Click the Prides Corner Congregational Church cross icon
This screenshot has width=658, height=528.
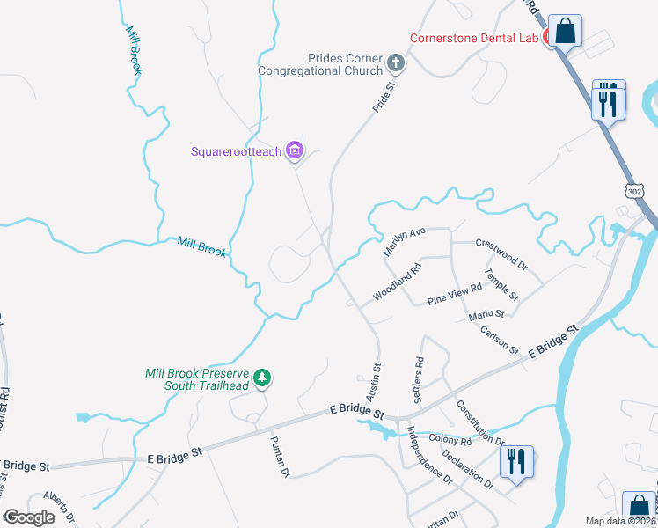396,63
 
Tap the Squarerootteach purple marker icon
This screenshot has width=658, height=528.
295,151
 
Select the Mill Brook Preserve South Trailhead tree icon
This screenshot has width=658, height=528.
261,378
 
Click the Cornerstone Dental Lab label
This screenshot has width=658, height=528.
477,38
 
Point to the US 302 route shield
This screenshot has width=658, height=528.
635,191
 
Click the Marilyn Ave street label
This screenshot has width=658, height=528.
404,242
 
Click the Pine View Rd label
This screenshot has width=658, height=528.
455,294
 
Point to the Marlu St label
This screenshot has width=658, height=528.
486,313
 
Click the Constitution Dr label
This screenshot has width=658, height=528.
479,422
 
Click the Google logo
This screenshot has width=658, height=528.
29,517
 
